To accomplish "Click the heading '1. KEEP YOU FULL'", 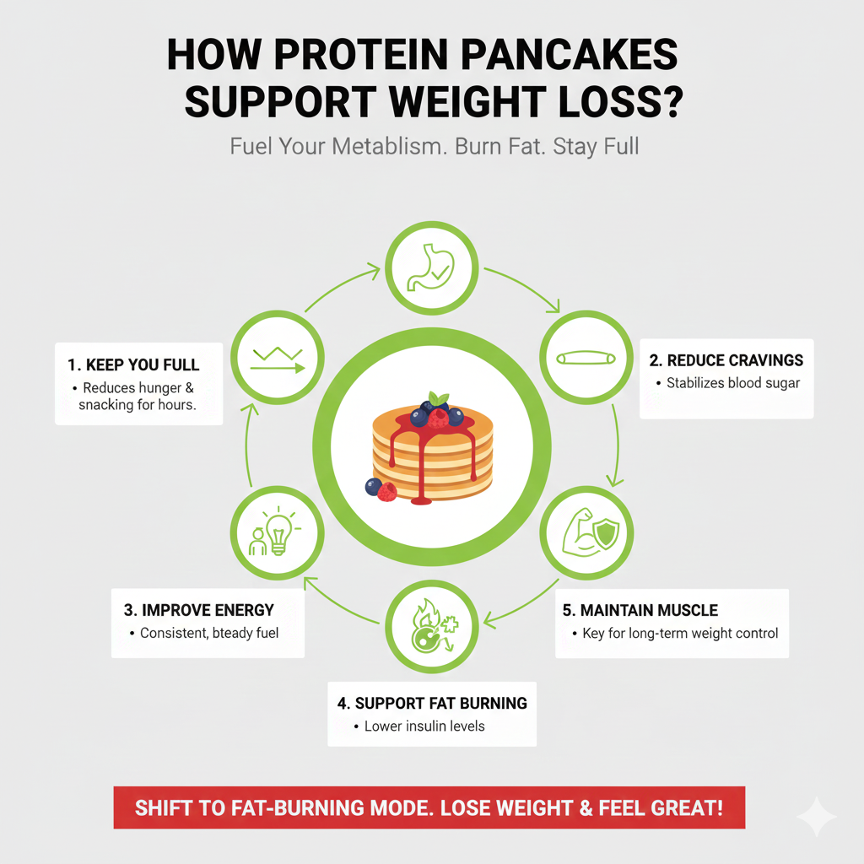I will coord(134,365).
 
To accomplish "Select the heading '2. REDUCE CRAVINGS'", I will coord(726,360).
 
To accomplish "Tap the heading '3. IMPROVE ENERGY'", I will coord(198,610).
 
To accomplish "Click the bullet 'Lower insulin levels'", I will coord(424,726).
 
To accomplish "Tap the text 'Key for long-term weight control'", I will coord(680,633).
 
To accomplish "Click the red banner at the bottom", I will coord(429,807).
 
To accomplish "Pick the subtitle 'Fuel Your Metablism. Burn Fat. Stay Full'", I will coord(434,146).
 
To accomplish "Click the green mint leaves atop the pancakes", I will coord(437,398).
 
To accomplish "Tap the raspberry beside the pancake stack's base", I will coord(387,492).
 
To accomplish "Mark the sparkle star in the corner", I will coord(817,816).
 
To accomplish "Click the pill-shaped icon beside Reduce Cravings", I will coord(586,358).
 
